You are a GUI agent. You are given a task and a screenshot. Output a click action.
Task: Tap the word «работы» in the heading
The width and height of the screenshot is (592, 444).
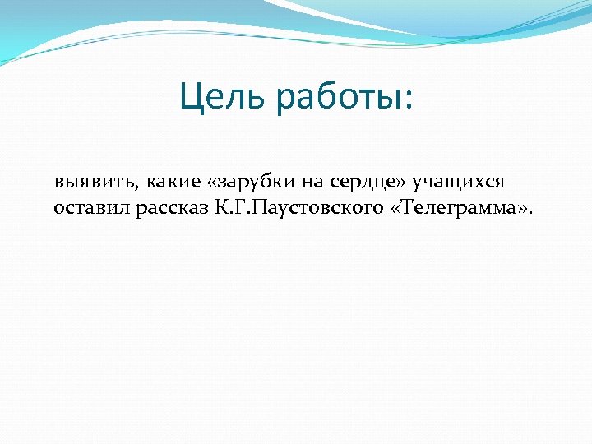(x=335, y=100)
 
